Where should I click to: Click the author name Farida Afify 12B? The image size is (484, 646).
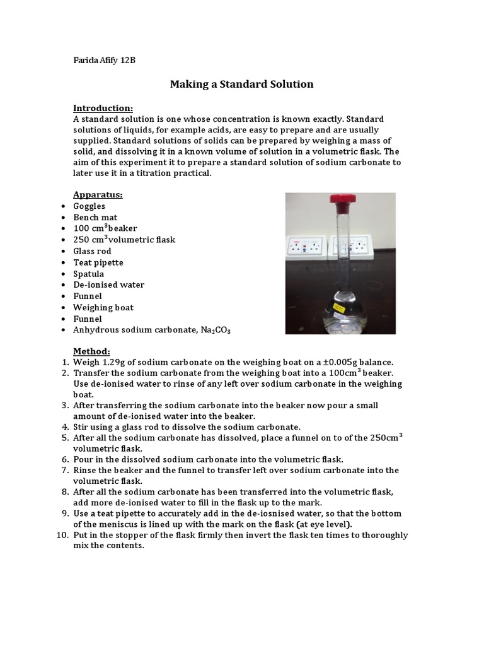[x=105, y=61]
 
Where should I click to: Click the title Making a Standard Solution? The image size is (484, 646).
[x=241, y=84]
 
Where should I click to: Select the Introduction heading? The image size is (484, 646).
[x=103, y=108]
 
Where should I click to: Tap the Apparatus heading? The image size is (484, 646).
[x=98, y=194]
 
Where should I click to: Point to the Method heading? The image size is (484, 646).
[x=91, y=351]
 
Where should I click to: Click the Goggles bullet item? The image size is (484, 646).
[x=89, y=206]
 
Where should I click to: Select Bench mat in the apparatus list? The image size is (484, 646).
[x=95, y=217]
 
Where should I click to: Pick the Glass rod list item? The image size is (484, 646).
[x=93, y=251]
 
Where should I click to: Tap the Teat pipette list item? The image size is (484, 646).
[x=98, y=262]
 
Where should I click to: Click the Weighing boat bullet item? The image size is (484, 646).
[x=103, y=307]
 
